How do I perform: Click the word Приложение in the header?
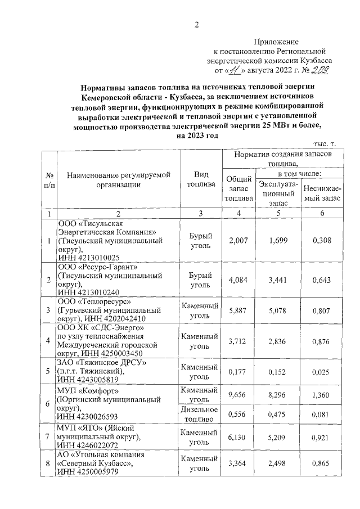[276, 42]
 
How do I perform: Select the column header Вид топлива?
[200, 179]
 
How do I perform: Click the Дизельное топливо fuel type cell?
[200, 414]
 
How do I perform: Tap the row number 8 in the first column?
[49, 463]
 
